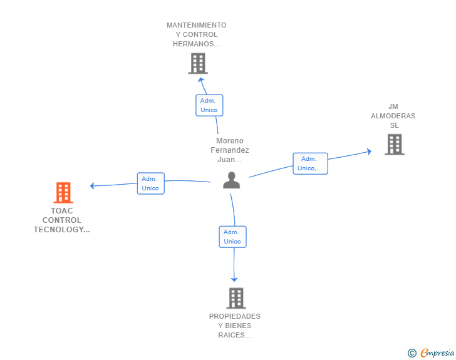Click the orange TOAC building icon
pos(63,192)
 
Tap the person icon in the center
pos(232,180)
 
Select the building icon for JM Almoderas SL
pos(395,144)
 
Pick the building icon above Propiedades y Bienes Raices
pos(236,298)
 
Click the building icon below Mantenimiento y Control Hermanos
pos(198,63)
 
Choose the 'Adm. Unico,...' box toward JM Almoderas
pos(310,163)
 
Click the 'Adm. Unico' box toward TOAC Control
pos(150,183)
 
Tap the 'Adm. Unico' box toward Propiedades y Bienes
pos(232,237)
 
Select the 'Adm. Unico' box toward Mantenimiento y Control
pos(209,105)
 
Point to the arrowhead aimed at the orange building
pos(92,185)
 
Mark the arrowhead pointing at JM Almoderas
pos(370,152)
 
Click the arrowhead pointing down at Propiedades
pos(234,280)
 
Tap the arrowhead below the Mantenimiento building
pos(200,80)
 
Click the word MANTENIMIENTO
pos(197,25)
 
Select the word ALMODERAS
pos(393,116)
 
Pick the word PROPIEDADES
pos(235,316)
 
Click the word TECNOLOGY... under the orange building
pos(62,230)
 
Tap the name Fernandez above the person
pos(230,150)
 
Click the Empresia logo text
pos(437,353)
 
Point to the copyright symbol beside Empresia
pos(412,353)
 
